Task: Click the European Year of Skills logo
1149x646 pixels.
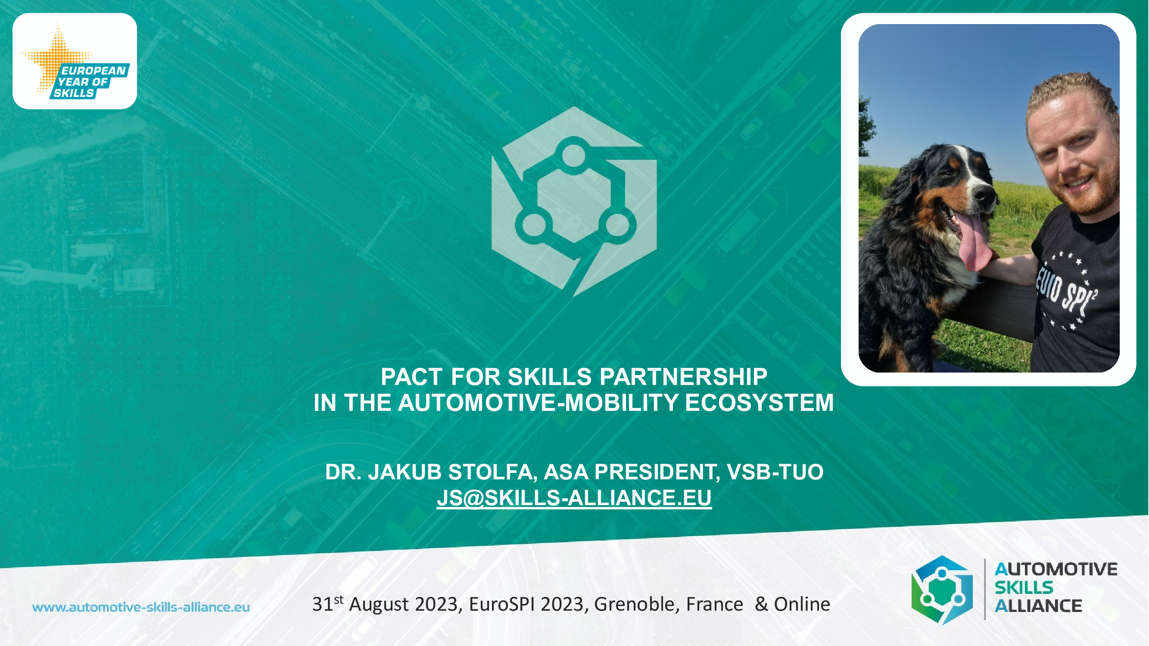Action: pyautogui.click(x=75, y=61)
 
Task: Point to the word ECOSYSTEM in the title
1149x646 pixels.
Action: pyautogui.click(x=759, y=403)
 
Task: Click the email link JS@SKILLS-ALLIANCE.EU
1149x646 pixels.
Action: pyautogui.click(x=574, y=497)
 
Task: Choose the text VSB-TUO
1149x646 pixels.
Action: pyautogui.click(x=775, y=472)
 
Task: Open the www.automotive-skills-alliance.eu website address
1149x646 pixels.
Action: pyautogui.click(x=141, y=607)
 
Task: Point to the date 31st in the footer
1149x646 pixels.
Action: pyautogui.click(x=328, y=604)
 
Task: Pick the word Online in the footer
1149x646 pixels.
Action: pyautogui.click(x=802, y=604)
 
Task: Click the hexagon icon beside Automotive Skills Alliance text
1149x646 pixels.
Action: pyautogui.click(x=942, y=590)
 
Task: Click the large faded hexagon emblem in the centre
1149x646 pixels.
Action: pyautogui.click(x=574, y=202)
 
